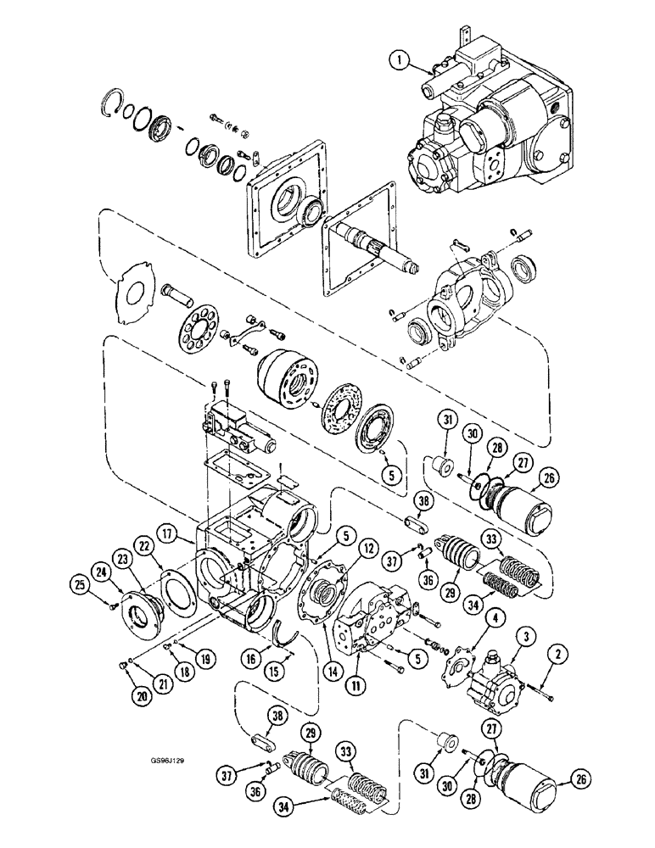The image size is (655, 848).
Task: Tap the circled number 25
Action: tap(80, 584)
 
